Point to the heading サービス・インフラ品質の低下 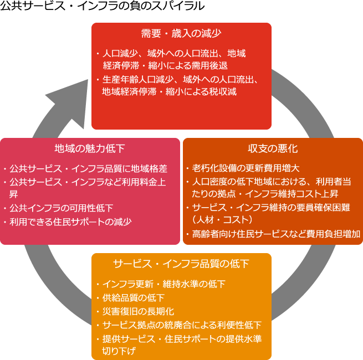[181, 263]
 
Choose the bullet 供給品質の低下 [133, 298]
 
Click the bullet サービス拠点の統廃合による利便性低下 [181, 325]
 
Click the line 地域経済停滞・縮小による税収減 [169, 91]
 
